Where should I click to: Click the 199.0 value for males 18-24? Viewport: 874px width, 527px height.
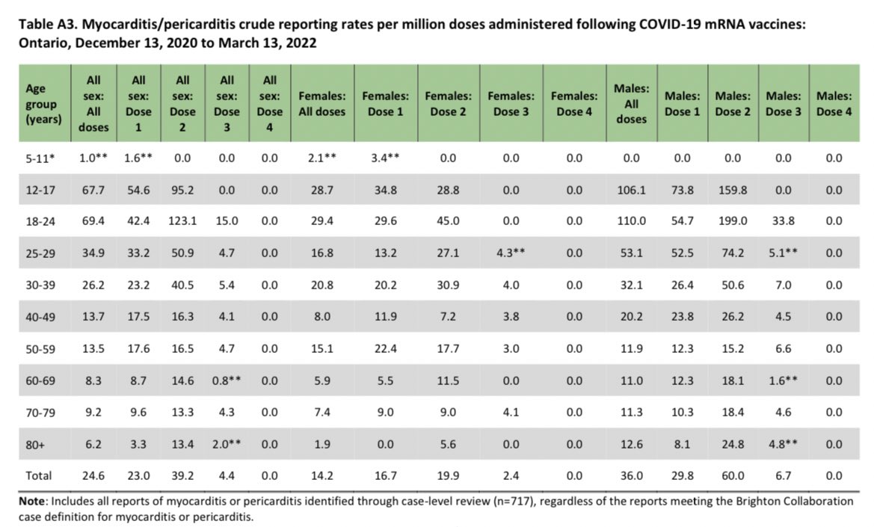point(732,221)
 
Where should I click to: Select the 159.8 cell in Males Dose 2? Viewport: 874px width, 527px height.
point(732,190)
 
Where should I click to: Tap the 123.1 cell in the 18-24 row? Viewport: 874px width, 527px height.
point(183,221)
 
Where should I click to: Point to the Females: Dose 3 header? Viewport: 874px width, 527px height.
point(511,104)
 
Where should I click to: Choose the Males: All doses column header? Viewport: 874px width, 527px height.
point(632,104)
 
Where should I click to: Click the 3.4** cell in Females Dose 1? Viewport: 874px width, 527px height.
point(384,158)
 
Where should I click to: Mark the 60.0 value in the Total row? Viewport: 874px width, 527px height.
point(732,475)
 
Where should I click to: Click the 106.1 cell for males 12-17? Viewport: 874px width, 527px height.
point(632,190)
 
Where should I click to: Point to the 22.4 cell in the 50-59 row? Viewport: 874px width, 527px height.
point(384,348)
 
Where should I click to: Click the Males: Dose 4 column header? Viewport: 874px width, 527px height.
point(834,104)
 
